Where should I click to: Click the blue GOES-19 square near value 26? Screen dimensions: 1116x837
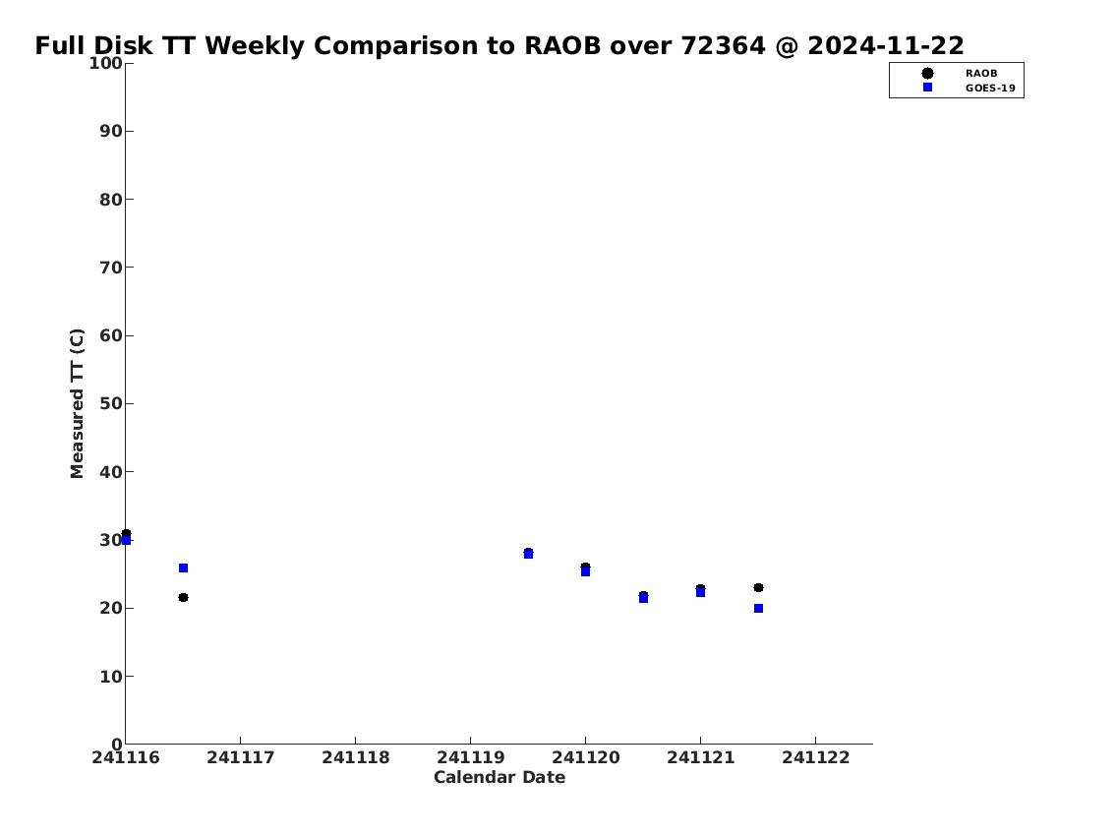coord(183,568)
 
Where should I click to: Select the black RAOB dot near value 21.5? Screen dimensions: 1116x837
coord(183,597)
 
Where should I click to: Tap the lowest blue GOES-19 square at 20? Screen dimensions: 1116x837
coord(759,609)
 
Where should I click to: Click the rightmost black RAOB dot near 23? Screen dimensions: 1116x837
coord(759,588)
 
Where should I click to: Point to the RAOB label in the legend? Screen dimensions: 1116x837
coord(981,74)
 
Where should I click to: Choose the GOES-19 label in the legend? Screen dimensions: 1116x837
coord(990,89)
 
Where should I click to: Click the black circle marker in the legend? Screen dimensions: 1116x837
coord(927,74)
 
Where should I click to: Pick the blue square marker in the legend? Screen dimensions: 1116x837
coord(927,88)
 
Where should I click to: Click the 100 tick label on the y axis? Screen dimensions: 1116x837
coord(105,63)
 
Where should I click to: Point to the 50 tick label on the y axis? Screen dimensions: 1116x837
coord(111,403)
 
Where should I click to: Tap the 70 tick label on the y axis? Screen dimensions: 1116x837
coord(111,268)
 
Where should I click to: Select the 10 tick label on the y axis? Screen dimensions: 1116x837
coord(111,676)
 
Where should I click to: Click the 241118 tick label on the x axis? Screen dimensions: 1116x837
coord(355,757)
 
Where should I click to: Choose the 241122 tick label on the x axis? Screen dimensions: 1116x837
coord(816,757)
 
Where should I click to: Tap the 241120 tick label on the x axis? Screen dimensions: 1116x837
coord(586,757)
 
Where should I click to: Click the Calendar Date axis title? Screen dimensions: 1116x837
coord(499,777)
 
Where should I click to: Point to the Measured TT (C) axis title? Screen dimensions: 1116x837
coord(77,403)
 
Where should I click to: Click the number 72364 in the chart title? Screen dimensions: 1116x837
coord(723,45)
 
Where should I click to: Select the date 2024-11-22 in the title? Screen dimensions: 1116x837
coord(885,45)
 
